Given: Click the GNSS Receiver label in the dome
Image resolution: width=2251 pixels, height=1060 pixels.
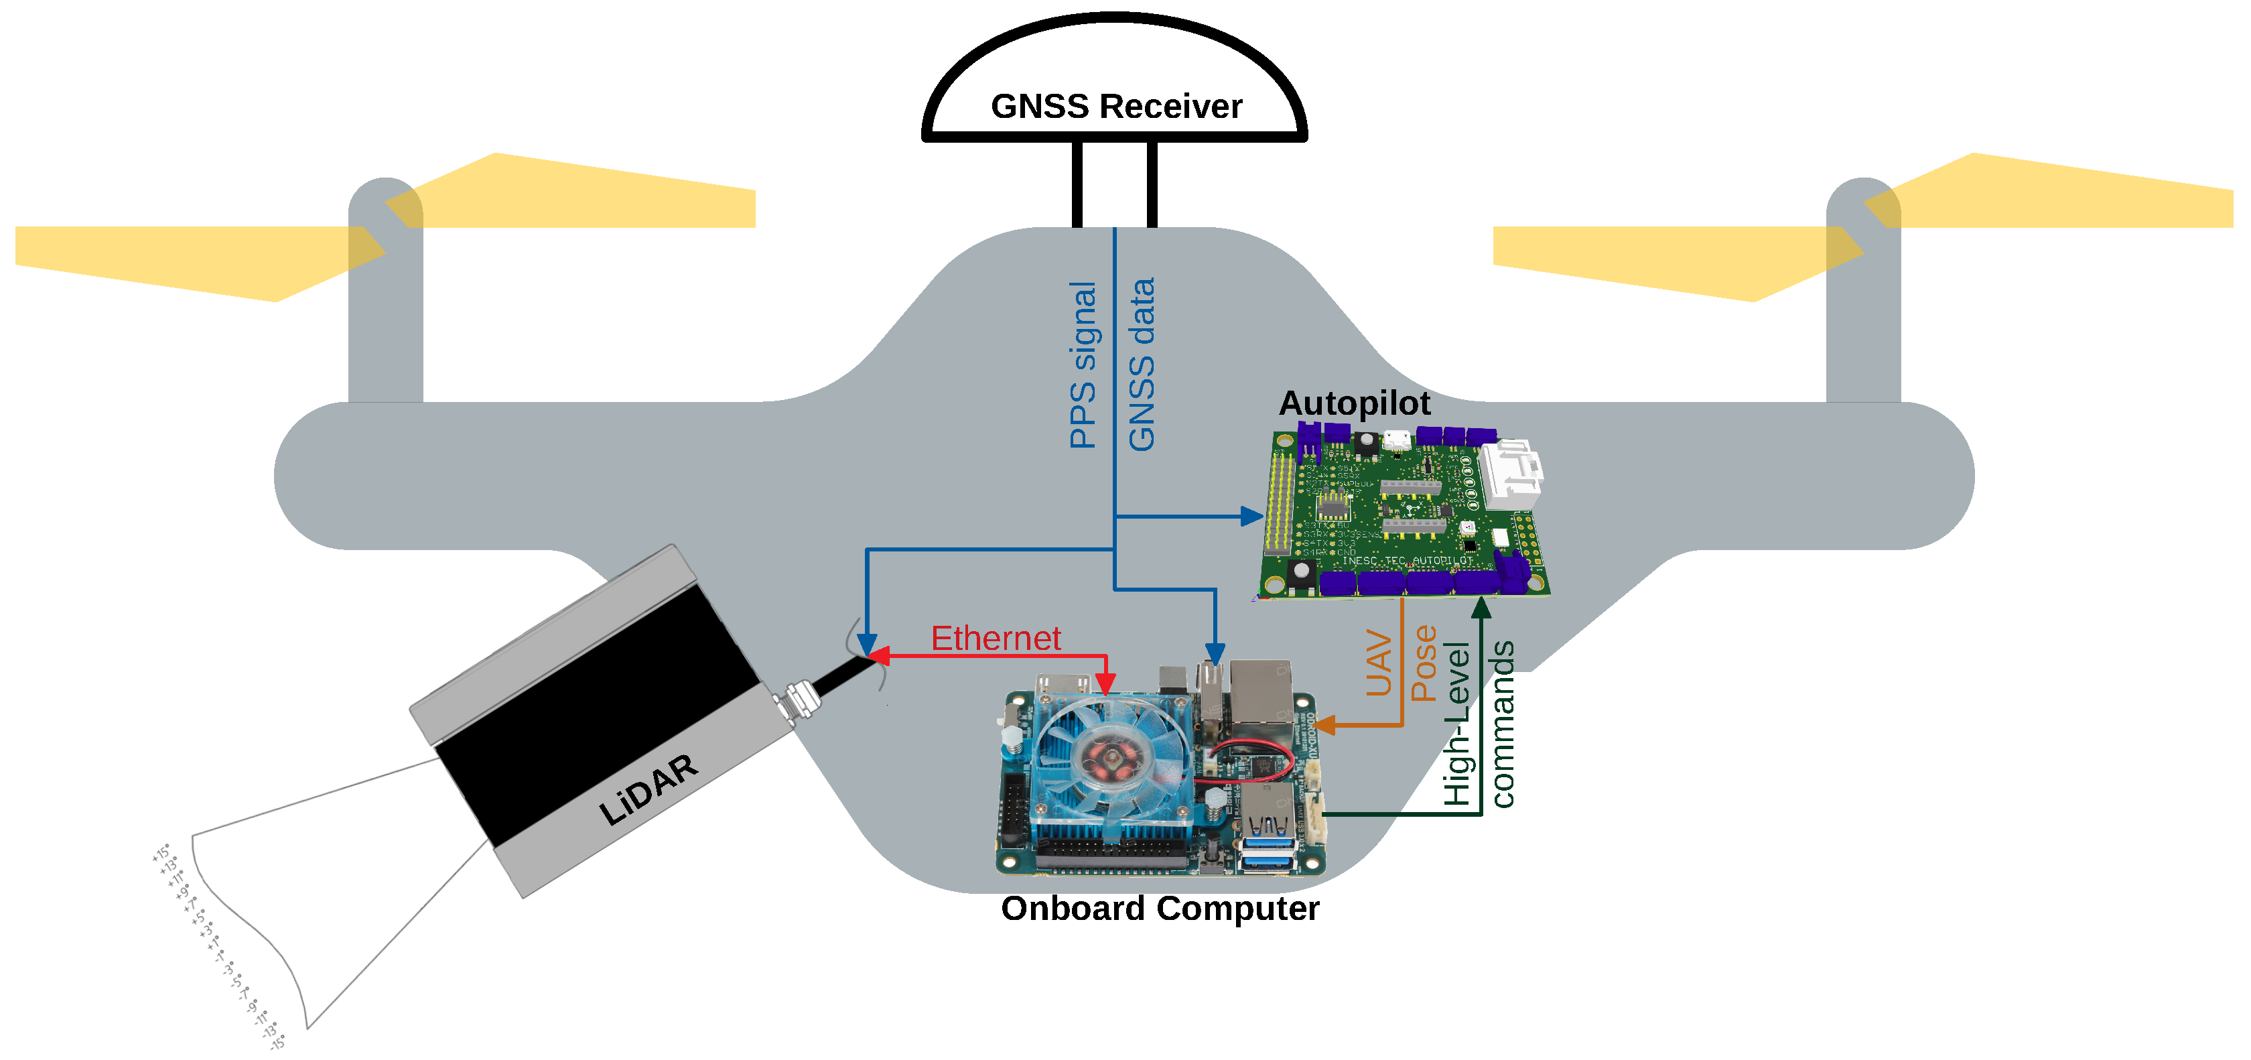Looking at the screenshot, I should (x=1116, y=107).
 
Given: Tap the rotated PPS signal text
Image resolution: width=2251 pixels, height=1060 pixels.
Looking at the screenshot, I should (x=1083, y=365).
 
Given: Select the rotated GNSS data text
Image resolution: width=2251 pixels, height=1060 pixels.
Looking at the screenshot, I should (x=1141, y=365).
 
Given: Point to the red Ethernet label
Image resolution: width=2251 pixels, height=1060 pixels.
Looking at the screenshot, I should (x=996, y=638).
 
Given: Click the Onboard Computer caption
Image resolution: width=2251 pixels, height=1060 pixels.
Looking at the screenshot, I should (x=1160, y=908).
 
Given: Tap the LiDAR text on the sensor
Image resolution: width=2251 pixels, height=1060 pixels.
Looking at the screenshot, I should (x=648, y=790).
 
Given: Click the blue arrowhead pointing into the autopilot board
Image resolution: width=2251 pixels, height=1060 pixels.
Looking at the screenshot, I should (x=1252, y=517).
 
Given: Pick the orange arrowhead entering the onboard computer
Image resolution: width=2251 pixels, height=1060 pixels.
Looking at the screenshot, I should (x=1324, y=724).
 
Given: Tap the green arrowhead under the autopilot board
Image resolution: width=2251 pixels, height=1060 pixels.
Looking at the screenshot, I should (x=1481, y=607).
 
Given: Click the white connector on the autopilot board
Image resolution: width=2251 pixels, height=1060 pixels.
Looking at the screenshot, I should (x=1513, y=472).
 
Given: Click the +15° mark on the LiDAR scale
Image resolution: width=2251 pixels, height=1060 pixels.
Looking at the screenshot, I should (x=161, y=852).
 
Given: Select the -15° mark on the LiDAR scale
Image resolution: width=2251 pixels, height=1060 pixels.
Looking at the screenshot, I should (x=277, y=1042).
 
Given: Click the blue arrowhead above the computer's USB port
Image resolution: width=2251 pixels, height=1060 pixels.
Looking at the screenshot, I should (x=1215, y=652).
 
